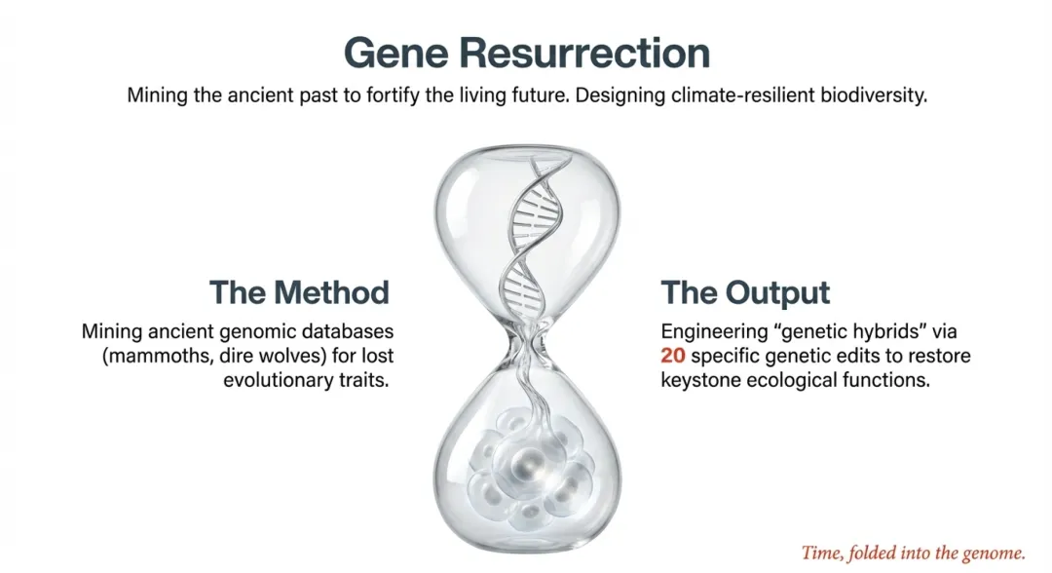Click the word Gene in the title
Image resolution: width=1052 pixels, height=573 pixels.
click(x=395, y=53)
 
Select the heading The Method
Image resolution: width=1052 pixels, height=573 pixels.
click(x=299, y=292)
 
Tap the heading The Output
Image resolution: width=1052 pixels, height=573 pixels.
click(x=745, y=292)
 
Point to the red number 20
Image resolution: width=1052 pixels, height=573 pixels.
click(x=673, y=355)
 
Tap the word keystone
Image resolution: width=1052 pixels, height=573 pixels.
click(x=701, y=380)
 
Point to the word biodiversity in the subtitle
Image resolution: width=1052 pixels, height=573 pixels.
click(x=874, y=95)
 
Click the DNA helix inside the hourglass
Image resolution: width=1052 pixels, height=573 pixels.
click(x=534, y=235)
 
